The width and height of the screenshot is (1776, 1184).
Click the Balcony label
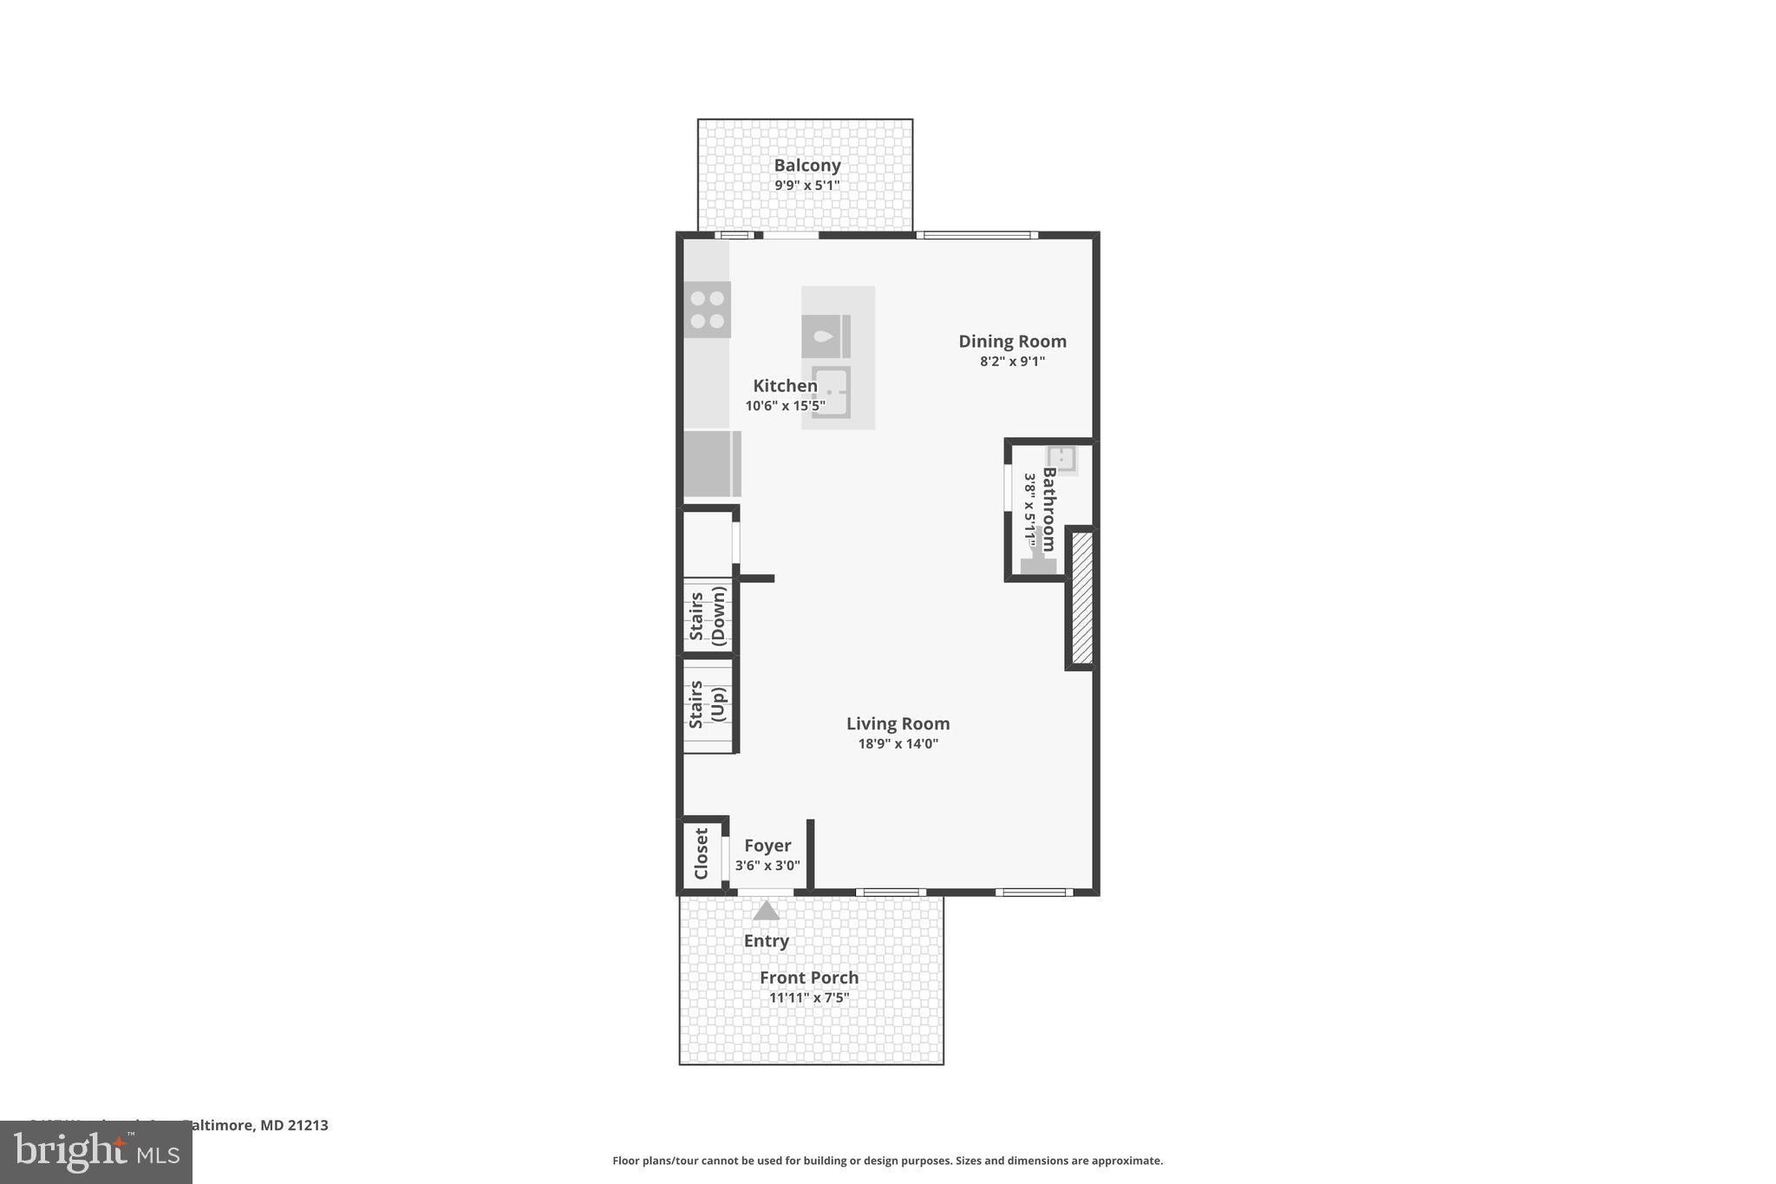[x=806, y=165]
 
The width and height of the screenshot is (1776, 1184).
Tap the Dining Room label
[x=1012, y=341]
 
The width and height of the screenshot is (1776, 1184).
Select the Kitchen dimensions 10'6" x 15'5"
[x=785, y=405]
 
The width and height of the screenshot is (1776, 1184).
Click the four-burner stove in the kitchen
[x=707, y=310]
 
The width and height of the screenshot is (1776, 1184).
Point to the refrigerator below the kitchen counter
[x=711, y=464]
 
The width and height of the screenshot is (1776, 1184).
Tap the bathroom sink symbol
[x=1061, y=459]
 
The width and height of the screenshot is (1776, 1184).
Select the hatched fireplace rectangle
[x=1081, y=598]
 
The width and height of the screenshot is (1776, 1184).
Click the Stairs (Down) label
[x=707, y=615]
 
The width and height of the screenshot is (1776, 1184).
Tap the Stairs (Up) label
[x=707, y=704]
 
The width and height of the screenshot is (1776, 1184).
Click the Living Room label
[x=898, y=723]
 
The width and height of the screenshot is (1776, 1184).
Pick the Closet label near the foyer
[x=701, y=854]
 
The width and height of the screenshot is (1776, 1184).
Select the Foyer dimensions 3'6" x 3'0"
[x=767, y=866]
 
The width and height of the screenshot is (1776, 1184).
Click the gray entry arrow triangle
[x=766, y=911]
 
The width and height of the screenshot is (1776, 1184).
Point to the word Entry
[x=766, y=941]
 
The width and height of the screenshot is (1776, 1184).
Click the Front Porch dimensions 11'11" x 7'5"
[x=808, y=998]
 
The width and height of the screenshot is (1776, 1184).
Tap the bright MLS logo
[x=95, y=1153]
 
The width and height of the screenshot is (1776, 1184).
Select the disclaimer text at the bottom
[x=887, y=1161]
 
